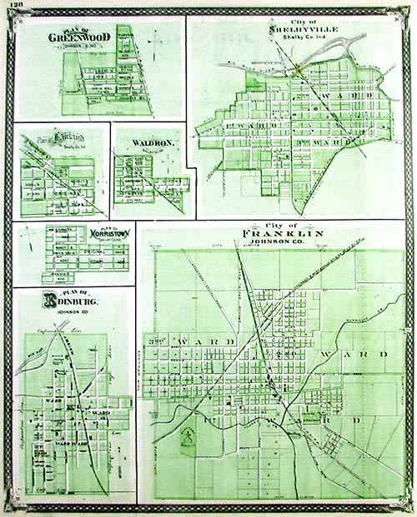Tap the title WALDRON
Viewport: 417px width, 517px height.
(x=152, y=143)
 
